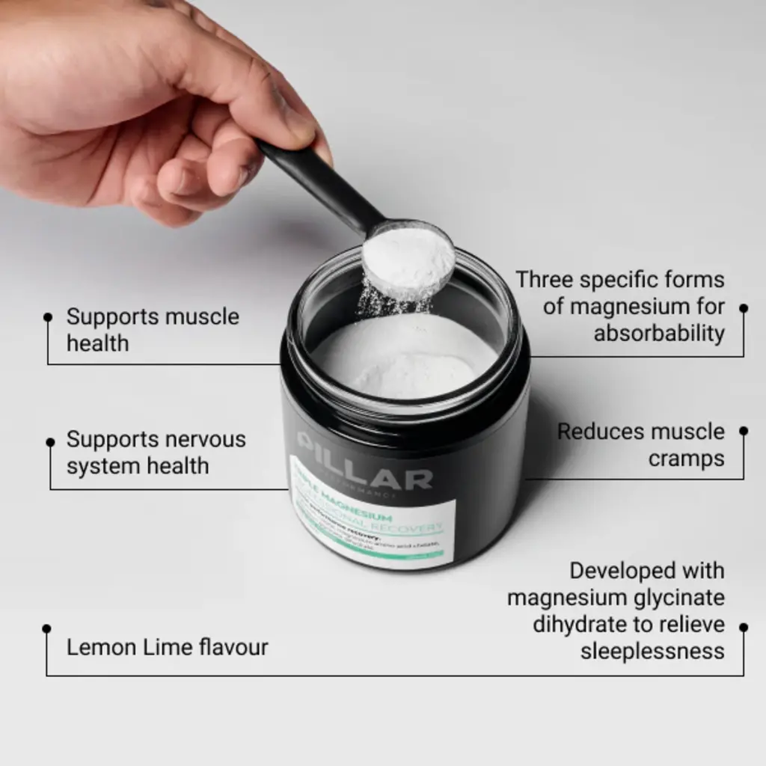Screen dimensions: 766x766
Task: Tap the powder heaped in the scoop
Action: pyautogui.click(x=408, y=259)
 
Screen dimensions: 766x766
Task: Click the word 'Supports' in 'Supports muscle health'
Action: pyautogui.click(x=112, y=317)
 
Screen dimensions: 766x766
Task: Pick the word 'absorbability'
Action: pyautogui.click(x=659, y=334)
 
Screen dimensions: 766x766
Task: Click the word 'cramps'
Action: pyautogui.click(x=686, y=459)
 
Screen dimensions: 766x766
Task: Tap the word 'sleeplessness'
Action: pyautogui.click(x=652, y=651)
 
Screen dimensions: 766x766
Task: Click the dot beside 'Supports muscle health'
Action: pyautogui.click(x=48, y=317)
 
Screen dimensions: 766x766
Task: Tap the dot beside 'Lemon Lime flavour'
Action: pyautogui.click(x=46, y=628)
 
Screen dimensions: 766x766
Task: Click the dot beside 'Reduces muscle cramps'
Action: pyautogui.click(x=743, y=431)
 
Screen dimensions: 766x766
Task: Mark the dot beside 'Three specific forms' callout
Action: pyautogui.click(x=743, y=307)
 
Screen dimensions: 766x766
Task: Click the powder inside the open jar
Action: pyautogui.click(x=404, y=355)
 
